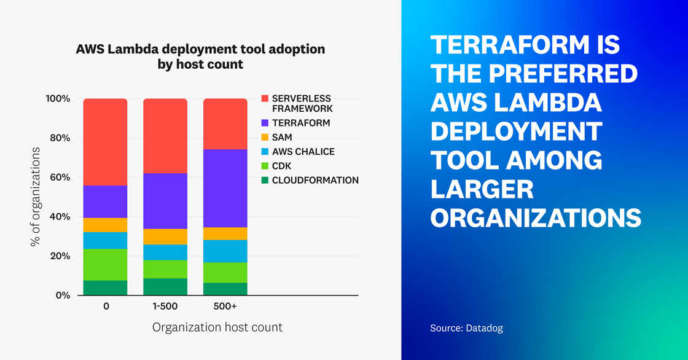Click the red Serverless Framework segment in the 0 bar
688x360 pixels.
pos(106,141)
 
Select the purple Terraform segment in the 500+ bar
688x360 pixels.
pos(225,188)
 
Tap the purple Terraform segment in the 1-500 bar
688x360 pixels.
pos(165,201)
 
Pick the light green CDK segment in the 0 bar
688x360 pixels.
pos(106,264)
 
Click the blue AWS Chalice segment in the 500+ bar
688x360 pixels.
pos(225,251)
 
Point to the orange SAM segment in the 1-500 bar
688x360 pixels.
pos(165,237)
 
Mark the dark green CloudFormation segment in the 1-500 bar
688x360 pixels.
pos(165,287)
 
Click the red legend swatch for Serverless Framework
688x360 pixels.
pos(265,98)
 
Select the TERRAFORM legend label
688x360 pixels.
pos(301,123)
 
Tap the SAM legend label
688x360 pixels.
pos(282,137)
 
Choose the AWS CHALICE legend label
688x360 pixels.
pos(303,152)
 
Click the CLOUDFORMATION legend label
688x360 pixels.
pos(315,180)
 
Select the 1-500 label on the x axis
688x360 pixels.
pos(165,305)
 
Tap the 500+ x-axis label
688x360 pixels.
pos(225,305)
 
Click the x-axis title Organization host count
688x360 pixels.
pos(217,327)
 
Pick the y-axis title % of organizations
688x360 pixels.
pos(35,197)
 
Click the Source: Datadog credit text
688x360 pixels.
pos(466,329)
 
